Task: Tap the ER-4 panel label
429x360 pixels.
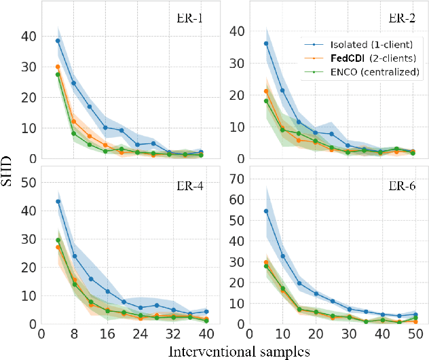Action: click(x=185, y=183)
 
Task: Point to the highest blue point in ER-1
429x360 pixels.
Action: click(x=58, y=41)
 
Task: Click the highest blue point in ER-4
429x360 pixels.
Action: click(x=58, y=202)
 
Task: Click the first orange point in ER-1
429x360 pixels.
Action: click(x=58, y=67)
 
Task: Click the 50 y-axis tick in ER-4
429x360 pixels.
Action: click(x=31, y=183)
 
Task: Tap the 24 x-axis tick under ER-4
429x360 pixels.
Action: click(x=141, y=334)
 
